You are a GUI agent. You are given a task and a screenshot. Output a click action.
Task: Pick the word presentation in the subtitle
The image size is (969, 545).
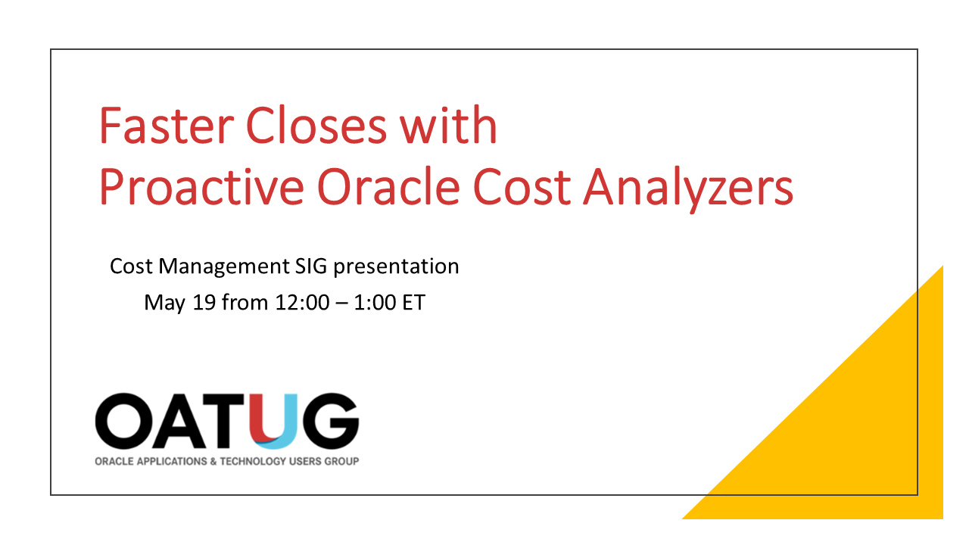398,267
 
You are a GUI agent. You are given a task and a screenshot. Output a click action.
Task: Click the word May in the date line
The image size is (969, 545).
162,304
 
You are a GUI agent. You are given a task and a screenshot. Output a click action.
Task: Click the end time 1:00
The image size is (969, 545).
374,304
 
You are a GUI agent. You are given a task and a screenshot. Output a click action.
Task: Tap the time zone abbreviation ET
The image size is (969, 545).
413,304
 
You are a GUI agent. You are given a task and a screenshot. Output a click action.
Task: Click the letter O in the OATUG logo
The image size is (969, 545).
124,421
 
